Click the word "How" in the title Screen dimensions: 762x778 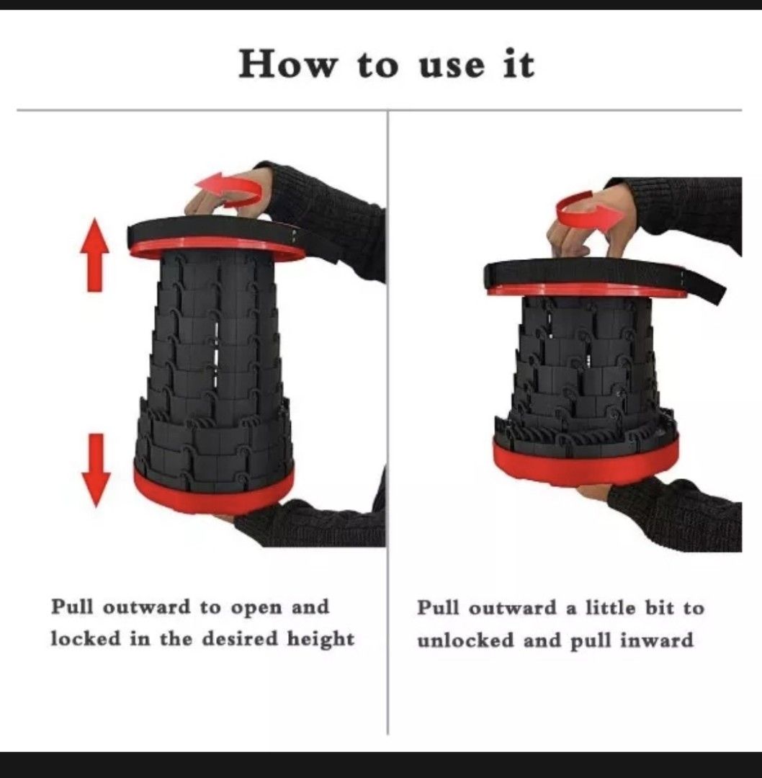[289, 64]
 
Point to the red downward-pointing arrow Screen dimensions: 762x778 [96, 470]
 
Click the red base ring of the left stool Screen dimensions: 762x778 [213, 491]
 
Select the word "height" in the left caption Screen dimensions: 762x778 [321, 638]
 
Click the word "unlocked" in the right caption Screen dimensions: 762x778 [466, 640]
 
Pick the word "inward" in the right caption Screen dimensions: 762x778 [657, 640]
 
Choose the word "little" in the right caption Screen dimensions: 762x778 [610, 608]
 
